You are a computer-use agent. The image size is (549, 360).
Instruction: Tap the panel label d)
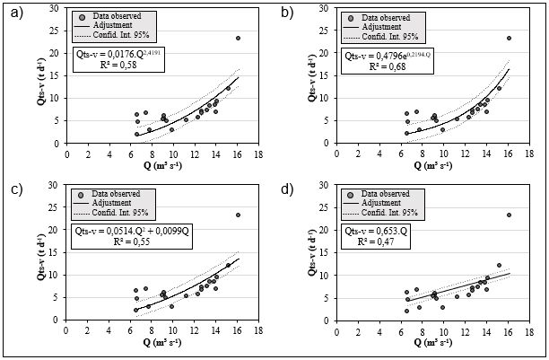pyautogui.click(x=286, y=190)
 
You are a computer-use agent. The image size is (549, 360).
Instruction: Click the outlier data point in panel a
pyautogui.click(x=238, y=38)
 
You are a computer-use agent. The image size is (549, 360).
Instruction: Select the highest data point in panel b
pyautogui.click(x=509, y=38)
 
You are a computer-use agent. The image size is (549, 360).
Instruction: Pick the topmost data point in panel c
pyautogui.click(x=238, y=215)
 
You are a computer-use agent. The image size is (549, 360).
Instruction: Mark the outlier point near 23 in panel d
pyautogui.click(x=509, y=215)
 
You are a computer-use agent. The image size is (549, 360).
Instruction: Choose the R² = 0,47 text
pyautogui.click(x=386, y=243)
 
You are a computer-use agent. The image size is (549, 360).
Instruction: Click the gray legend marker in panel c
pyautogui.click(x=82, y=194)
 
